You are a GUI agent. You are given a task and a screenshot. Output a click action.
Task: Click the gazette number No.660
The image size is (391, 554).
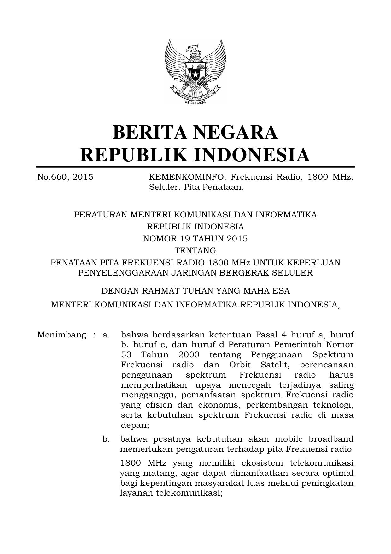(52, 177)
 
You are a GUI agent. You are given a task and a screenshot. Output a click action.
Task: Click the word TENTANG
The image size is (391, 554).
(195, 251)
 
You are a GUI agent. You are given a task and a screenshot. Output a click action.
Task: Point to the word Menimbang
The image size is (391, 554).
(62, 335)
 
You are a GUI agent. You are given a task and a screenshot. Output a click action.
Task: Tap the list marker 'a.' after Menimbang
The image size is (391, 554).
(106, 335)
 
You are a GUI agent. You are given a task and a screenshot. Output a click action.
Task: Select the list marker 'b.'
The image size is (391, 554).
(106, 439)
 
